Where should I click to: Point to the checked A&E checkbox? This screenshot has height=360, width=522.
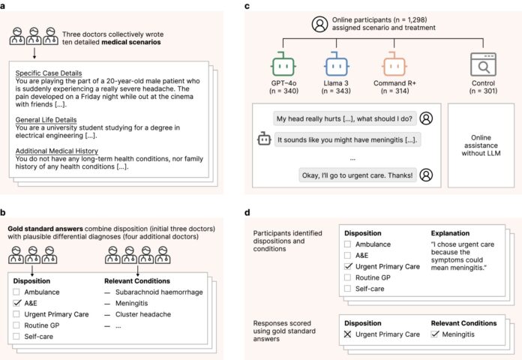click(x=17, y=302)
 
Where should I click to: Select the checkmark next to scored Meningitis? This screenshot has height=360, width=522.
click(x=436, y=334)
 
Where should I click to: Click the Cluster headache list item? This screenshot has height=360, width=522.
click(x=144, y=313)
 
